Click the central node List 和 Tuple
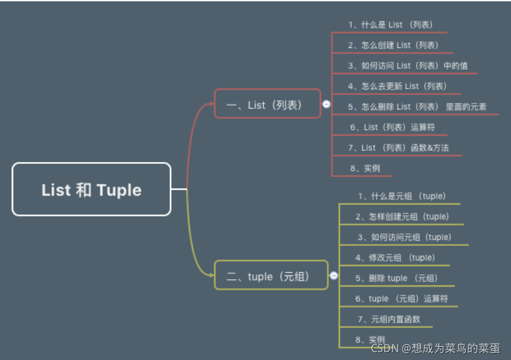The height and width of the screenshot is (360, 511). click(x=91, y=190)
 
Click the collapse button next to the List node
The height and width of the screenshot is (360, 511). click(x=326, y=104)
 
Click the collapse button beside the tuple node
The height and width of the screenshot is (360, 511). click(x=333, y=276)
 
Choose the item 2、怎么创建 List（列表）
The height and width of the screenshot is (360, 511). click(x=393, y=45)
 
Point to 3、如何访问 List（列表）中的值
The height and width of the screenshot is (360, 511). click(x=407, y=66)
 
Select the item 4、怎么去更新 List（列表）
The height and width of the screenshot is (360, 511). click(x=397, y=86)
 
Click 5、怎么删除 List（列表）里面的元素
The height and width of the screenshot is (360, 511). click(x=417, y=106)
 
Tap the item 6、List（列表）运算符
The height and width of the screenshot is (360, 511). click(x=392, y=127)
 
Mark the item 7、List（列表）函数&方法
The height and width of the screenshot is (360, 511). click(x=398, y=148)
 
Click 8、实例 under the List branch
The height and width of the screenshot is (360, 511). click(x=365, y=168)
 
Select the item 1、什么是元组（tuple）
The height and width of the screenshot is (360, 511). click(x=402, y=196)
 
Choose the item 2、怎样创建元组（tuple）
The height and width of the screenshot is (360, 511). click(x=402, y=216)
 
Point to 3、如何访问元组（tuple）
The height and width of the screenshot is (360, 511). click(x=404, y=237)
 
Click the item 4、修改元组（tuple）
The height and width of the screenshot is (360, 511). click(x=394, y=258)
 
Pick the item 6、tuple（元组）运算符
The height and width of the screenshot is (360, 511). click(x=402, y=299)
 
